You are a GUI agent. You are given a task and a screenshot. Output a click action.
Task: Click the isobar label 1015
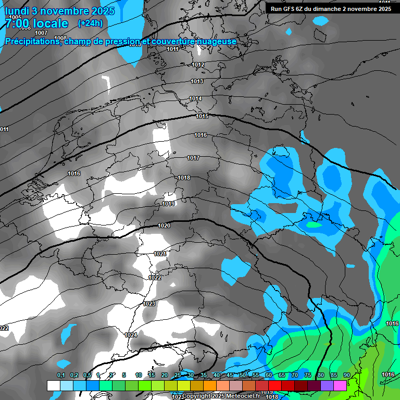pos(202,116)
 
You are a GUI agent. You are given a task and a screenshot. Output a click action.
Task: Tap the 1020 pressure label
pos(164,226)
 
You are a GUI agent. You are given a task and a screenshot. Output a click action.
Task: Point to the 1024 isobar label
pos(131,335)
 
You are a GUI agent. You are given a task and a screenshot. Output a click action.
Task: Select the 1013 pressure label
pos(197,81)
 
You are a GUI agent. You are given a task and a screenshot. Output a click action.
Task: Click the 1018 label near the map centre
pos(184,178)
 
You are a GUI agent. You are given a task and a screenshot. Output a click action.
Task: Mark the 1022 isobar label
pos(155,278)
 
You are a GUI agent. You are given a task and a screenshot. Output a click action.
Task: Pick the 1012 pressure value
pos(198,65)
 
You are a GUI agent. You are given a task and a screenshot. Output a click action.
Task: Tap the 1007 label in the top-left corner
pos(41,33)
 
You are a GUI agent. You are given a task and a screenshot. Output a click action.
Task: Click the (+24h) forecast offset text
pos(90,23)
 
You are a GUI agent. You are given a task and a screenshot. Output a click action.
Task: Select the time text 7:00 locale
pos(36,23)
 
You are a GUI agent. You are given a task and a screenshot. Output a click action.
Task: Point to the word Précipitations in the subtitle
pos(32,42)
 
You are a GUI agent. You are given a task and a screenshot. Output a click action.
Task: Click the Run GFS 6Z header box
pos(331,9)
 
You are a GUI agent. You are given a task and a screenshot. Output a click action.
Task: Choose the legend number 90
pos(346,375)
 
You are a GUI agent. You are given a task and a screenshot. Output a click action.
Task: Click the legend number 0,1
pos(61,375)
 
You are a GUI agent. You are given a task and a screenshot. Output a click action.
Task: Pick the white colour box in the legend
pos(53,385)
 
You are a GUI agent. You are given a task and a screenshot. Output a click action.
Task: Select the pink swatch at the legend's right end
pos(340,385)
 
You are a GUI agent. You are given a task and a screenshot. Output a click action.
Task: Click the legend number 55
pos(256,375)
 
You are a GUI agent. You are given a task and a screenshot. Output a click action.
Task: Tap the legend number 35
pos(203,375)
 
